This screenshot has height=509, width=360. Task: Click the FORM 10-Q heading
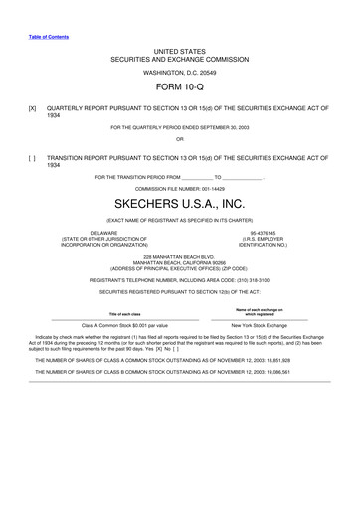point(179,86)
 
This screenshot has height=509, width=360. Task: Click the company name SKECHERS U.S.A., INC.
point(179,204)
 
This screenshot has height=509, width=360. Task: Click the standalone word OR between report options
point(179,138)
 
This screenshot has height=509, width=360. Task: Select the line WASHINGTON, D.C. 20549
point(179,72)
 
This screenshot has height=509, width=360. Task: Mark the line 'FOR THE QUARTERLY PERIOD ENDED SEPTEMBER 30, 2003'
point(179,127)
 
